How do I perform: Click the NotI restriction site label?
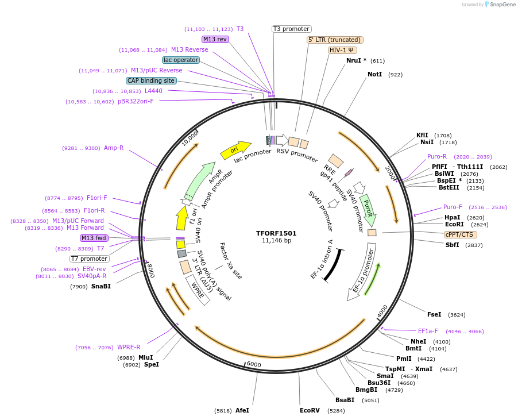pos(374,74)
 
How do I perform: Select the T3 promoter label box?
pos(291,29)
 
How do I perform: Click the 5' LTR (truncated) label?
pos(335,40)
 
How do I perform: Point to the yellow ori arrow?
pos(235,150)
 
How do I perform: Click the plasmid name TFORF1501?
pos(276,233)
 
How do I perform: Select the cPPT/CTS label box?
pos(460,234)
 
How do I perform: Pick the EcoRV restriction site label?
pos(310,410)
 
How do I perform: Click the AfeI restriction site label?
pos(242,410)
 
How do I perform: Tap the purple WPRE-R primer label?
pos(129,347)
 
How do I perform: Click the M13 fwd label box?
pos(94,238)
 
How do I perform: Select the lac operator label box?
pos(181,60)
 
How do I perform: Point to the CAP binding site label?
pos(151,81)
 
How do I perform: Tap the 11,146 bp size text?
pos(276,241)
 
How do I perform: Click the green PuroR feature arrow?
pos(368,209)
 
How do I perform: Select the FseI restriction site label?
pos(434,314)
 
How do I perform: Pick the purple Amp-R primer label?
pos(114,148)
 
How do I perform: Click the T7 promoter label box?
pos(89,259)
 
